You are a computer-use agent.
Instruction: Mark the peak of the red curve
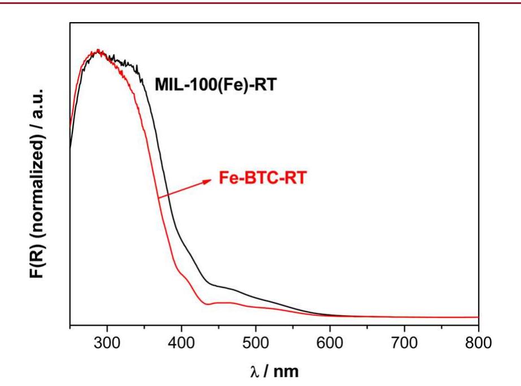click(99, 51)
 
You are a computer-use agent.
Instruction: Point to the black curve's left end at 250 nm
click(70, 148)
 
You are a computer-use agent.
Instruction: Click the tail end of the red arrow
click(159, 197)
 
